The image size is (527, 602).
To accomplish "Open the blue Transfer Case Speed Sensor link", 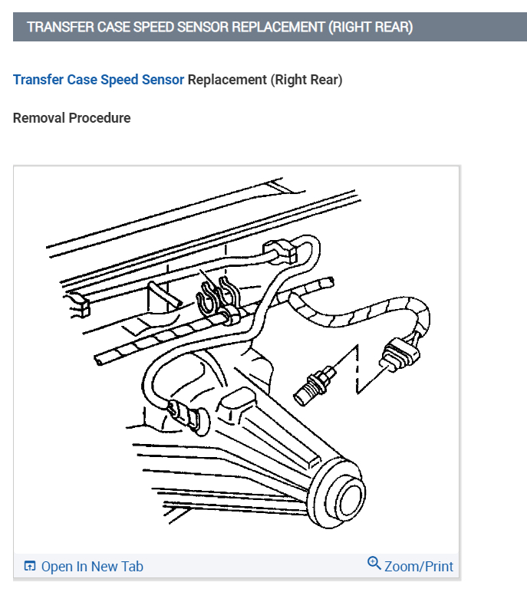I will point(98,80).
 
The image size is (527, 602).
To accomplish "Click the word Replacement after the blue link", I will point(227,80).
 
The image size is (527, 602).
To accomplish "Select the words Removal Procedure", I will point(72,118).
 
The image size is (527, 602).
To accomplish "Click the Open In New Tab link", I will point(92,567).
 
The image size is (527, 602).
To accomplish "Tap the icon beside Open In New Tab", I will point(30,567).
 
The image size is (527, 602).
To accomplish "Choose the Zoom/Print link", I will point(419,567).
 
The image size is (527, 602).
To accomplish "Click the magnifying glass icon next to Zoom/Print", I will point(374,564).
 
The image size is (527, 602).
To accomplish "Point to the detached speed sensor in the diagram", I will point(315,383).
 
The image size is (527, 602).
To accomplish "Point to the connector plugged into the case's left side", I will point(184,415).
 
